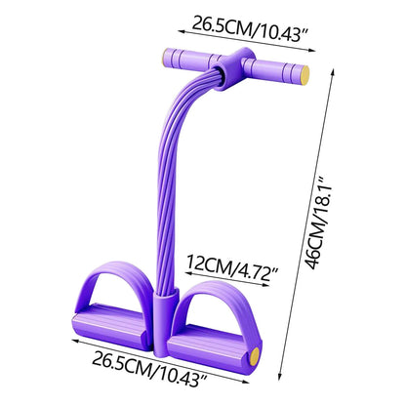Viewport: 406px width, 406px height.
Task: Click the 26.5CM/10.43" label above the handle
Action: (x=249, y=28)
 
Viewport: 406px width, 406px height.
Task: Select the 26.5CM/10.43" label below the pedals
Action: (x=149, y=372)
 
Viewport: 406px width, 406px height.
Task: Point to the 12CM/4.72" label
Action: (x=232, y=268)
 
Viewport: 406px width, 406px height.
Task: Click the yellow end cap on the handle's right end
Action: (x=304, y=75)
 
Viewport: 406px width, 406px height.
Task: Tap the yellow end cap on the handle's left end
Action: (x=165, y=58)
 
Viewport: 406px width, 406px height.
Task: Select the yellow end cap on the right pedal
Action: (x=255, y=357)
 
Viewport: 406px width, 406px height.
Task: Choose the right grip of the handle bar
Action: (x=276, y=70)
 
